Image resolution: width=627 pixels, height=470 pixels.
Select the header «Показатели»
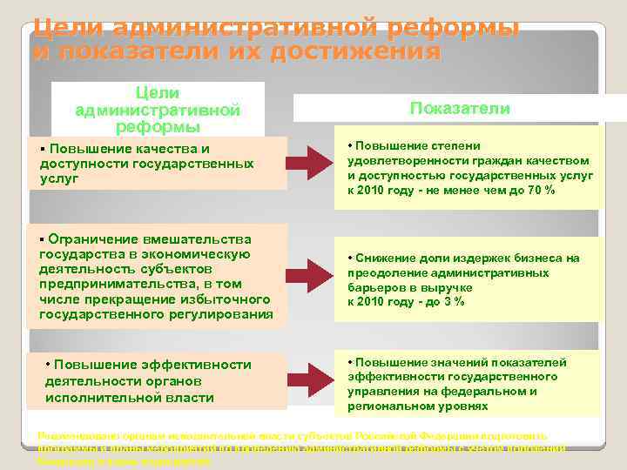tap(448, 108)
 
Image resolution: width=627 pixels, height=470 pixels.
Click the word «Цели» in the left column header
tap(158, 92)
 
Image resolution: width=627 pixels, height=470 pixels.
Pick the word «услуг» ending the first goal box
tap(59, 178)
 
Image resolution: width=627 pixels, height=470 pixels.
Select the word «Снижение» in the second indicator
tap(381, 258)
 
